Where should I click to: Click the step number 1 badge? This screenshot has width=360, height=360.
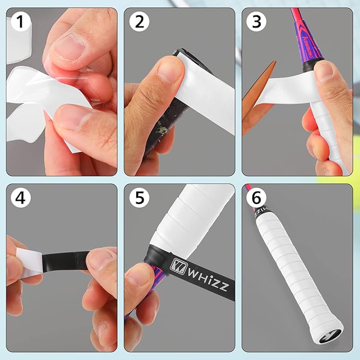pos(20,23)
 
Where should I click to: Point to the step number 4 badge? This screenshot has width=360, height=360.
pos(20,198)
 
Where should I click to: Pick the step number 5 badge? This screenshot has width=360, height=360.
pos(139,198)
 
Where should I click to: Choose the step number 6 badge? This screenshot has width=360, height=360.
pos(257,198)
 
